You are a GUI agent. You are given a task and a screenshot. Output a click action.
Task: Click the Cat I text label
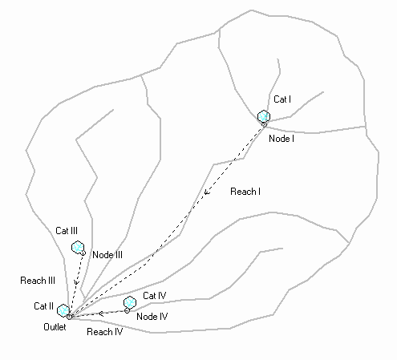tap(282, 99)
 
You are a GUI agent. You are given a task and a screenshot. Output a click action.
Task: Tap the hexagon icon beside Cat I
tap(264, 116)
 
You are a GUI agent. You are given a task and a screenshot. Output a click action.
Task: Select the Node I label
tap(282, 139)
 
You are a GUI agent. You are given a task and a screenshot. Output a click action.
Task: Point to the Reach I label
tap(245, 192)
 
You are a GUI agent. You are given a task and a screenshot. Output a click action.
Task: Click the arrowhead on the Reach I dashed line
tap(206, 192)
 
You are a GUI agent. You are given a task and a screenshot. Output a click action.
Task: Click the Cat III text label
tap(67, 231)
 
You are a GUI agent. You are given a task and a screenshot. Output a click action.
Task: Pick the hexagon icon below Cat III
tap(78, 247)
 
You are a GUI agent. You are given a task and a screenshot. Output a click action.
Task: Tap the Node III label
tap(107, 255)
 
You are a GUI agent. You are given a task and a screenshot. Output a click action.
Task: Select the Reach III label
tap(38, 281)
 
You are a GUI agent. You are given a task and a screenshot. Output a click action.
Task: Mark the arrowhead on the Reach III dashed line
tap(76, 282)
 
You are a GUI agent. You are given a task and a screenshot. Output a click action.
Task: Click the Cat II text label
tap(44, 306)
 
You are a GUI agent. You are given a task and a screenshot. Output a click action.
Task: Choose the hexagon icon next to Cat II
tap(63, 310)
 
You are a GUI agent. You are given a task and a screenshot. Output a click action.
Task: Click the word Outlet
tap(55, 327)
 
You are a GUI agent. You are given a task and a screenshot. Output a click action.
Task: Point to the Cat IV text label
tap(155, 296)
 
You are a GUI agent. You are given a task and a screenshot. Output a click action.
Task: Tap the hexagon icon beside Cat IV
tap(130, 303)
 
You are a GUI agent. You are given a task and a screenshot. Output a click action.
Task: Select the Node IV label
tap(152, 317)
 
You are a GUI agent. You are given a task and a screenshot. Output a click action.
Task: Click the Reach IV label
tap(105, 332)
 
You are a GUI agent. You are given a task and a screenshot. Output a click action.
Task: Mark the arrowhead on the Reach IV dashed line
tap(101, 313)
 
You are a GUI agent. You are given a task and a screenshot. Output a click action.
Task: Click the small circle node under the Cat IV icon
tap(127, 311)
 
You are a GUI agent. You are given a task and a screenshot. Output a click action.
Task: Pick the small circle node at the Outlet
tap(70, 317)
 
